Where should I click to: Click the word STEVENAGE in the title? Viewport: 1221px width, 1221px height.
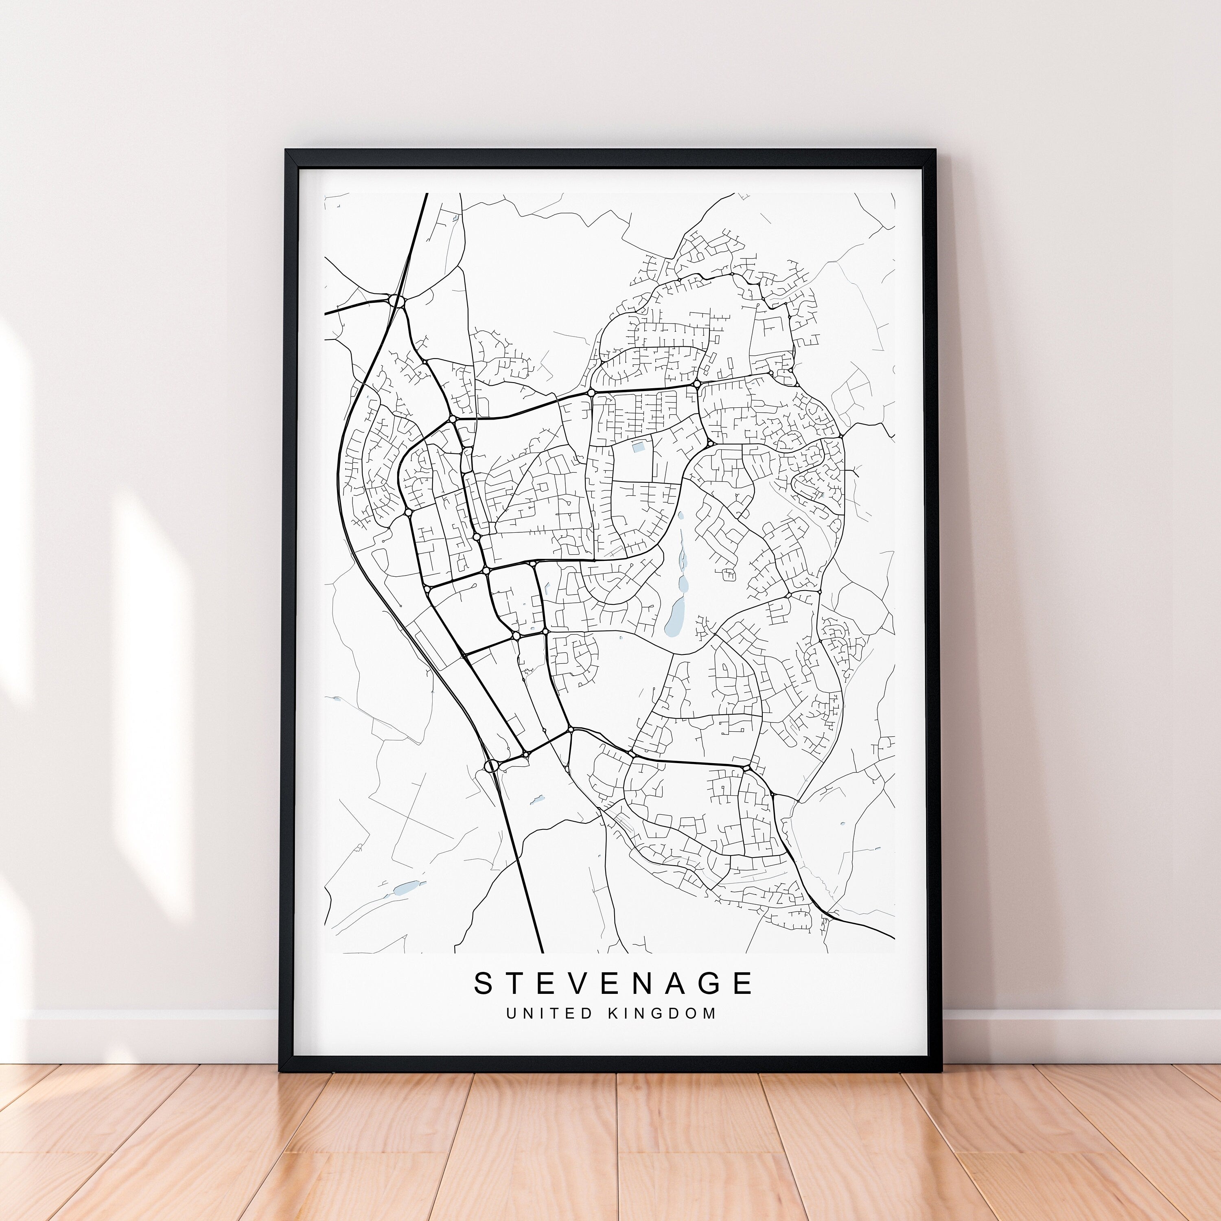pyautogui.click(x=613, y=983)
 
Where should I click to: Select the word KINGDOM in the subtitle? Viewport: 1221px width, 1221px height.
pyautogui.click(x=662, y=1013)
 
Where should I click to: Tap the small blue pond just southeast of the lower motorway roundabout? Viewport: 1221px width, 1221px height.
pyautogui.click(x=537, y=799)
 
